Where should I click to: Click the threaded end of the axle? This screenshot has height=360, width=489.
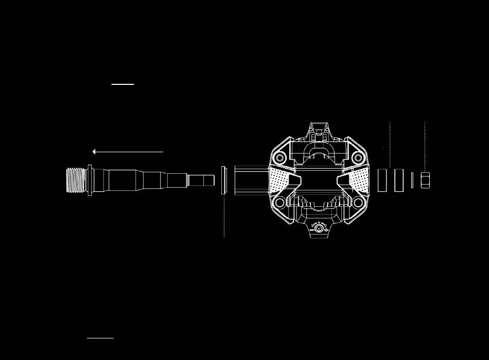point(76,181)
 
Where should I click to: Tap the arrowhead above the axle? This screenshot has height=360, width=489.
point(94,152)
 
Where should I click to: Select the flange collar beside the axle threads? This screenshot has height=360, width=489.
point(90,180)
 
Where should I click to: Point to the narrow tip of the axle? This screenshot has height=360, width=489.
point(201,181)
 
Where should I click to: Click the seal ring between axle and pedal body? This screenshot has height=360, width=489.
point(223,180)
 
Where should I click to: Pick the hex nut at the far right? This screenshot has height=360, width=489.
point(425,180)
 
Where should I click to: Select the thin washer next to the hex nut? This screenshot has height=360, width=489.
point(412,180)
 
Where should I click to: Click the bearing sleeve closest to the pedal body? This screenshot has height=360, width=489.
point(382,180)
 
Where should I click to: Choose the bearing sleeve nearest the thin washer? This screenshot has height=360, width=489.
point(399,180)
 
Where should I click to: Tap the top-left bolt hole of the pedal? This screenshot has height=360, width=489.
point(280,158)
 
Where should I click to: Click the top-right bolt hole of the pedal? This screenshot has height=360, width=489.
point(358,158)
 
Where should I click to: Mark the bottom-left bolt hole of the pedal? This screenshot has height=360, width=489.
point(280,203)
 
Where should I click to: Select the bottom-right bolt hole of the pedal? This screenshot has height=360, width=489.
point(358,203)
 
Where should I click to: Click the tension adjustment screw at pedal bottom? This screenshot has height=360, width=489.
point(319,228)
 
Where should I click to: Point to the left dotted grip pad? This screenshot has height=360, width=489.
point(278,181)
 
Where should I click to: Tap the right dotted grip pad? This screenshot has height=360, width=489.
point(359,181)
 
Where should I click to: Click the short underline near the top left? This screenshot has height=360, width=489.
point(123,84)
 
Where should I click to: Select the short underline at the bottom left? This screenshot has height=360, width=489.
point(100,338)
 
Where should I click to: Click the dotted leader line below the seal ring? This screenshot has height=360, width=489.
point(224,216)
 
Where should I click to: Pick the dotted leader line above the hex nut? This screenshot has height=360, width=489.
point(425,147)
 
